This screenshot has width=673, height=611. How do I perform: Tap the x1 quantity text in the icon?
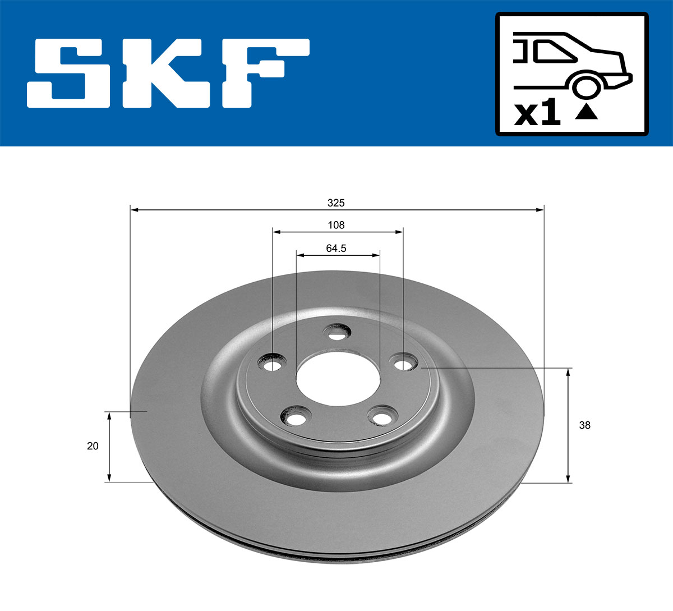[x=537, y=114]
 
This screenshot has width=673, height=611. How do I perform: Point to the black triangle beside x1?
[x=587, y=112]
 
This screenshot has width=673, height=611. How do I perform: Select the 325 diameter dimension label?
[x=336, y=203]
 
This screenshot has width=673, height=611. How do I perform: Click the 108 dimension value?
[x=336, y=225]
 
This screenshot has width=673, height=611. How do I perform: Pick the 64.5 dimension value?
[x=336, y=248]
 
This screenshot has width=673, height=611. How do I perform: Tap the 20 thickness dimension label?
[x=93, y=446]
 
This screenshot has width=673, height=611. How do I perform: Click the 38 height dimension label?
[x=584, y=425]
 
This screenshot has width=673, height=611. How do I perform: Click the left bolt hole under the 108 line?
[x=273, y=366]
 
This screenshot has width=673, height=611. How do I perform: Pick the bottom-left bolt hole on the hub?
[x=296, y=418]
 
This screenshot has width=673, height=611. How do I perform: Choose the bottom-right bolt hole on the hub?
[x=381, y=418]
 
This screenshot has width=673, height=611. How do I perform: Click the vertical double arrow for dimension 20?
[x=109, y=446]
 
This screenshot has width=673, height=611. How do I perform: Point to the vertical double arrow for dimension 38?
[x=569, y=425]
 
